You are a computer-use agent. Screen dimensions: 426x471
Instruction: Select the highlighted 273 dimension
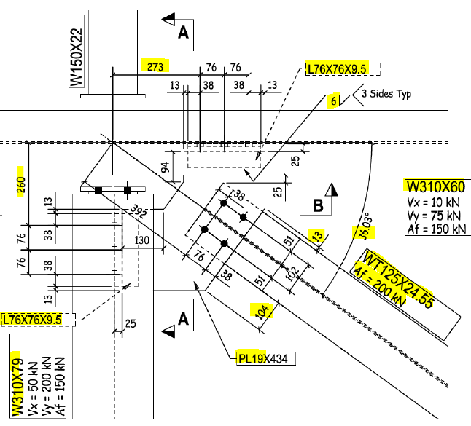click(x=154, y=65)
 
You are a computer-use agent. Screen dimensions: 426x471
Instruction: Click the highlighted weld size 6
click(x=333, y=102)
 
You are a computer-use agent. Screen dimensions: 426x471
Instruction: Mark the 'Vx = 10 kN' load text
click(x=433, y=200)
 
